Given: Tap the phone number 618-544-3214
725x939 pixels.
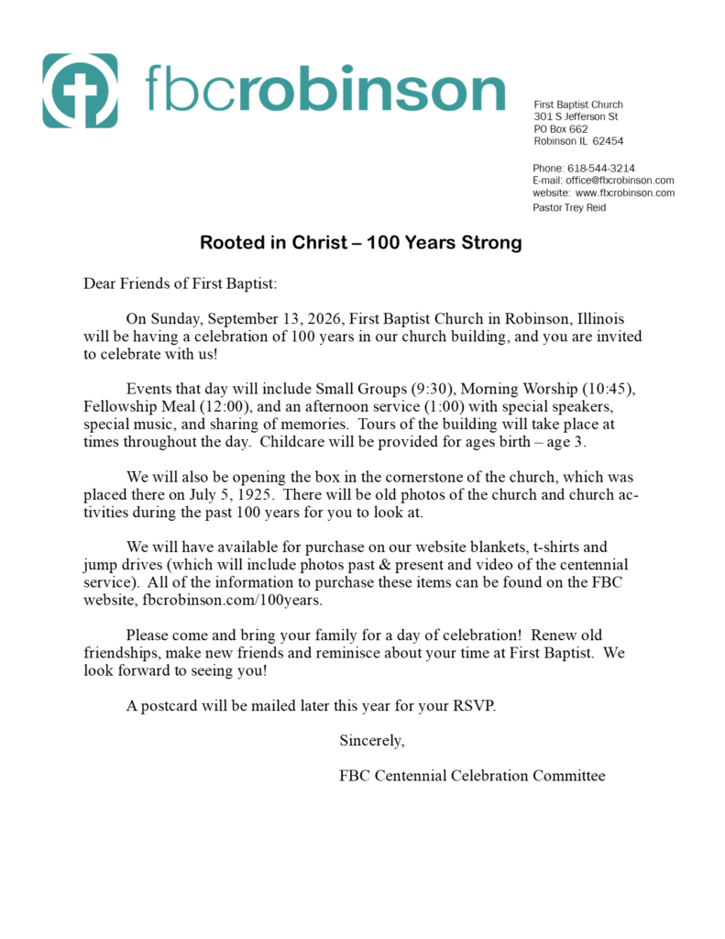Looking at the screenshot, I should click(601, 169).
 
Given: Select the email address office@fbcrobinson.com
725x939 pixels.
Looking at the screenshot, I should click(620, 181).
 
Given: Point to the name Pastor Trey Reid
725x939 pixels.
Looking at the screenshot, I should click(569, 208).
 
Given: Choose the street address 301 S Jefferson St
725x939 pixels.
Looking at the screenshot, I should click(576, 117).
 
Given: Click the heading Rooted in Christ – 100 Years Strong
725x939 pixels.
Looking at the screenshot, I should click(361, 243).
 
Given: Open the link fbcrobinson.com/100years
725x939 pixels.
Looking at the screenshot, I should click(233, 600).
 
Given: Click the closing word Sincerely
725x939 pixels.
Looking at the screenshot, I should click(372, 740).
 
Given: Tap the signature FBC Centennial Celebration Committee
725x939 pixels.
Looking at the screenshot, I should click(472, 776).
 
